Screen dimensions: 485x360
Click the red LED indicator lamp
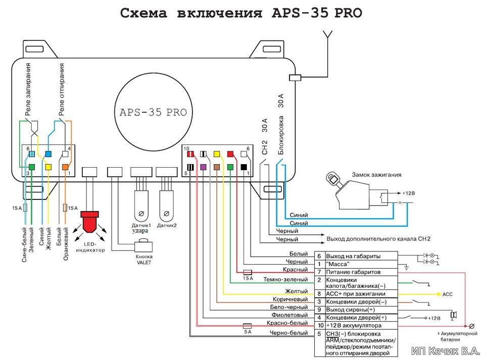(89, 222)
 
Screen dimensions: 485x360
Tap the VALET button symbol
(143, 245)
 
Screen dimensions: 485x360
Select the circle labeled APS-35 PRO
(154, 112)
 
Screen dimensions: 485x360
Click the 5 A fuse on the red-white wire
(247, 326)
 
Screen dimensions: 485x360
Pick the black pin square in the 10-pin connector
(244, 167)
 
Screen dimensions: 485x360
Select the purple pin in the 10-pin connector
(203, 167)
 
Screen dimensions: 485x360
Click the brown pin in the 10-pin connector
(217, 167)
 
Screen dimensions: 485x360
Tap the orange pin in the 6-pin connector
(65, 167)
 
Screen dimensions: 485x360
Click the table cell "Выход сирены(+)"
(361, 310)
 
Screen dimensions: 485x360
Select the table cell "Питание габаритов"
(361, 272)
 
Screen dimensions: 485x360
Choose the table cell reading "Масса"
(361, 264)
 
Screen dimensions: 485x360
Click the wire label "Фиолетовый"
(290, 315)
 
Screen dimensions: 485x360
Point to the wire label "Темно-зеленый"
(285, 279)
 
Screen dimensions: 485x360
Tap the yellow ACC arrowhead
(439, 294)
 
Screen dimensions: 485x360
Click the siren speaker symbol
(454, 315)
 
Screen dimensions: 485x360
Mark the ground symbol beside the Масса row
(406, 268)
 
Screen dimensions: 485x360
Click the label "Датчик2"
(167, 226)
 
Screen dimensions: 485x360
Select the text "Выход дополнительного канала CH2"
(378, 239)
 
